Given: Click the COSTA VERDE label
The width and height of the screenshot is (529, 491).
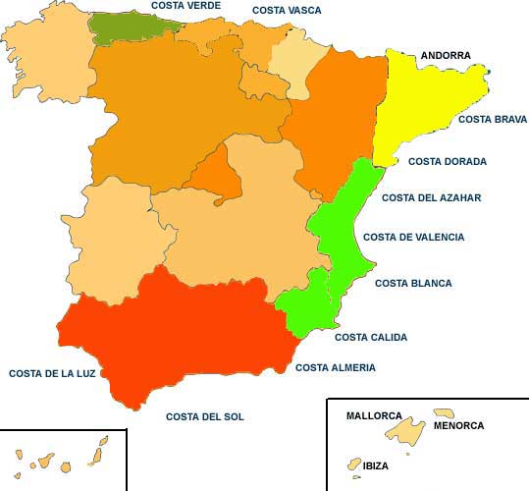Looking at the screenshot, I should (x=185, y=6).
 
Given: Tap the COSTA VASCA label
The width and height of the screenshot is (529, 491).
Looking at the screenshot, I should (x=287, y=10).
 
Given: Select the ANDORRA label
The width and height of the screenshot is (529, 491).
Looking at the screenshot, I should (x=445, y=56).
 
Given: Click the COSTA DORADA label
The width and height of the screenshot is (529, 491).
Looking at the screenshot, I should (x=448, y=161).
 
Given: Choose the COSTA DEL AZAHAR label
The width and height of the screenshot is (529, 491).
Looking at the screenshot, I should (x=431, y=197).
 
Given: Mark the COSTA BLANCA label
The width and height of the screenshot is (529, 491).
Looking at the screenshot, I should (x=413, y=283).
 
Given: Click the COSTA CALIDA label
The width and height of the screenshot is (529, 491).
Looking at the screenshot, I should (x=370, y=337).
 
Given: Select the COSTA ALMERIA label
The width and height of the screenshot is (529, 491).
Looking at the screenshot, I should (x=335, y=367).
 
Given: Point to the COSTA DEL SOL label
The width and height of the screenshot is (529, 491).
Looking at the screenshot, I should (x=204, y=416).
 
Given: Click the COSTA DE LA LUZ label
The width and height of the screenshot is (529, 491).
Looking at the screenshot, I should (x=52, y=373).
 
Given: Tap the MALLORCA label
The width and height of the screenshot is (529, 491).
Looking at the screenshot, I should (x=375, y=415).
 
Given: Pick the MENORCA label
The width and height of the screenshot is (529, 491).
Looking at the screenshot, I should (x=458, y=425).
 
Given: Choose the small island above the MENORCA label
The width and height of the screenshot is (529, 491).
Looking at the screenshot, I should (x=444, y=413).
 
